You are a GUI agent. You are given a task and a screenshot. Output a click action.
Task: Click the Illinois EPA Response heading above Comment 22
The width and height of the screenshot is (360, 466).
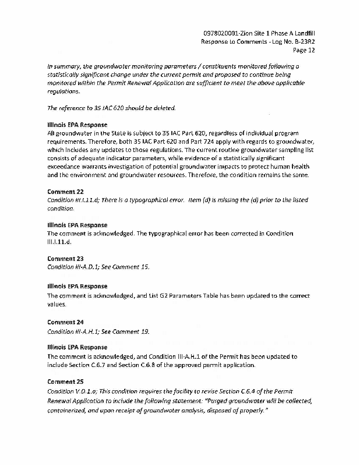77,125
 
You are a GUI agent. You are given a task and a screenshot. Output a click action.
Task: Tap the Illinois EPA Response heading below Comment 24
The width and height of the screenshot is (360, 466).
77,347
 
